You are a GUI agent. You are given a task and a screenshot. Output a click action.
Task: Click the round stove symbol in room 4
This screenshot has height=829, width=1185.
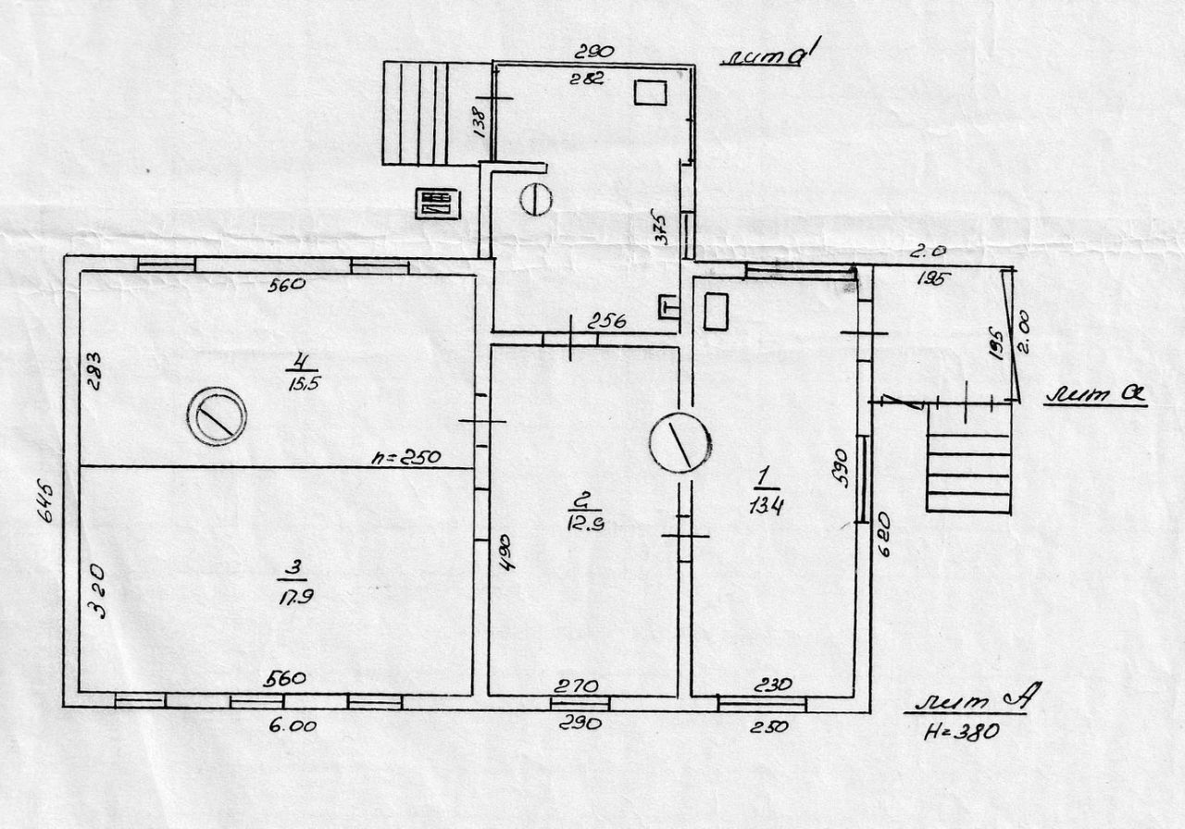pos(218,415)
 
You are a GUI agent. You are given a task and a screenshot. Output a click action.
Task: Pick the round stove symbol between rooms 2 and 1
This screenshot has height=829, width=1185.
pos(680,442)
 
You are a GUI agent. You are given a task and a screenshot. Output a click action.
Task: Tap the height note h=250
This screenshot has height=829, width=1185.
pos(405,456)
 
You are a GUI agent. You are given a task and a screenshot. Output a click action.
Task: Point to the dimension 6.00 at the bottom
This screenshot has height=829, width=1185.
pos(293,725)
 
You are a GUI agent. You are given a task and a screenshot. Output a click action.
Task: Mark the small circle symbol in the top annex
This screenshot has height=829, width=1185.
pos(536,199)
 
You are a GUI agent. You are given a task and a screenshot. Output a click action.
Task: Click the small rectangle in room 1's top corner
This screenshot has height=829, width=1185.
pos(717,311)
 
